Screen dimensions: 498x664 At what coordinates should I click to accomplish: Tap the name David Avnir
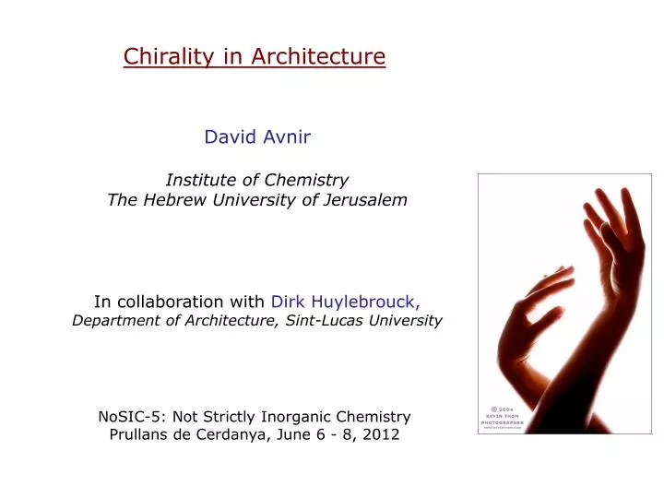point(257,137)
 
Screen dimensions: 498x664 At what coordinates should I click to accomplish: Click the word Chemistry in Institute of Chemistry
point(307,180)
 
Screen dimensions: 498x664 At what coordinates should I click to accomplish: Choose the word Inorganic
point(301,416)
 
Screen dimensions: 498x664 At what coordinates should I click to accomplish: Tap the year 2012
point(381,435)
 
